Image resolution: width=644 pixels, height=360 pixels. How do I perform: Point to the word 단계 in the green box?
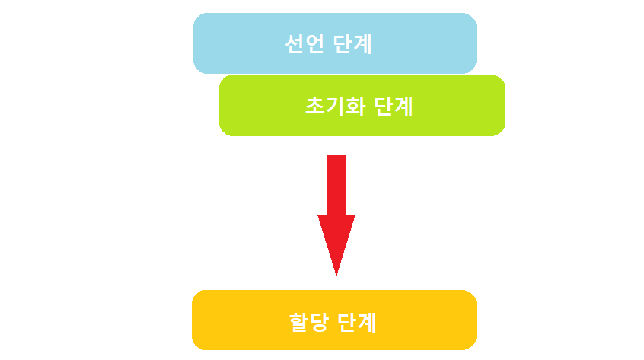pos(394,106)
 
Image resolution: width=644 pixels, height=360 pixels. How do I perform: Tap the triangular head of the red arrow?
pos(336,240)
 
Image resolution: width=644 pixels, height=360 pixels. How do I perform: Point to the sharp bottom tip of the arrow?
pos(336,272)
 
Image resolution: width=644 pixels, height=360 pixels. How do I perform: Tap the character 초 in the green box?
pos(314,106)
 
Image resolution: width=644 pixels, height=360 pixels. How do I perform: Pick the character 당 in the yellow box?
pos(320,323)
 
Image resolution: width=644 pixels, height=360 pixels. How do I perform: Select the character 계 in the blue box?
pos(364,45)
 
